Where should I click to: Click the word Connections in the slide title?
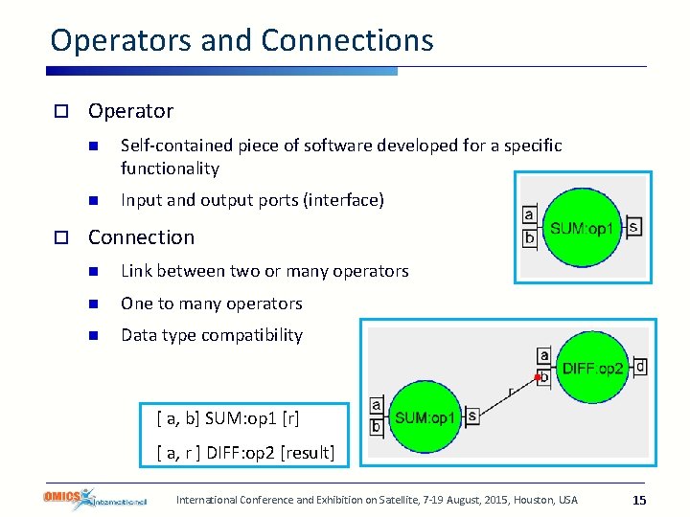coord(347,40)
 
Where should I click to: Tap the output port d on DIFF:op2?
coord(640,367)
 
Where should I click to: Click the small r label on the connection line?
coord(510,390)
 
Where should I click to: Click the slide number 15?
coord(640,500)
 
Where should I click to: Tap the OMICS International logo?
coord(94,499)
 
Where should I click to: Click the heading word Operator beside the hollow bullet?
coord(130,111)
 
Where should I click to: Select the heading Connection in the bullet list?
coord(141,237)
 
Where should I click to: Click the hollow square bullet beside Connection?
coord(59,237)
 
